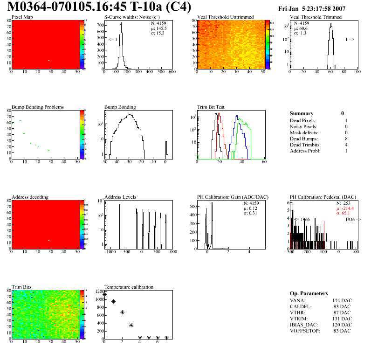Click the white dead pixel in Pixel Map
tap(48, 61)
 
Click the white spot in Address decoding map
tap(48, 241)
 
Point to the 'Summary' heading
tap(302, 113)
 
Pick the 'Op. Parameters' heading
tap(309, 293)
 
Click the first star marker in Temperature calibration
tap(104, 294)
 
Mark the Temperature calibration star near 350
tap(131, 325)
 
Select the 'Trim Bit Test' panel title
tap(211, 107)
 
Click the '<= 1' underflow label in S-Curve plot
tap(112, 40)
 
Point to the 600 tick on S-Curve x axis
tap(172, 72)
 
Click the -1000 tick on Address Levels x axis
tap(110, 252)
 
